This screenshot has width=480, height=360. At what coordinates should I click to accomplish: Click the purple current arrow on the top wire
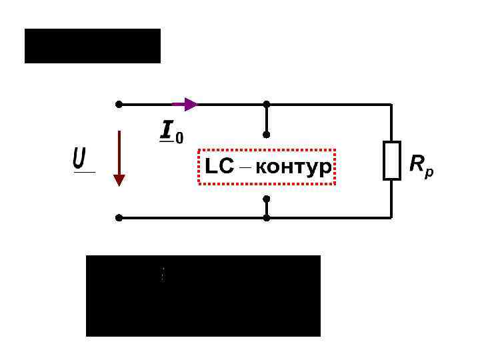tap(186, 104)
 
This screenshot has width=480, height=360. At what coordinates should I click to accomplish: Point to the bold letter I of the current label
tap(166, 129)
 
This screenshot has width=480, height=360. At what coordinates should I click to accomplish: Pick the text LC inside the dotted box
tap(220, 167)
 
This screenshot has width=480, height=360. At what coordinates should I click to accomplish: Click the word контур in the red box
tap(293, 167)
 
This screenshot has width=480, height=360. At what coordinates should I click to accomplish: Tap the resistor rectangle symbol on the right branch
tap(391, 161)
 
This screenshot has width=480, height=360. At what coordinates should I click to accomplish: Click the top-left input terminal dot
tap(119, 105)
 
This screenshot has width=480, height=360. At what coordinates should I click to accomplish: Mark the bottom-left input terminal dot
tap(119, 217)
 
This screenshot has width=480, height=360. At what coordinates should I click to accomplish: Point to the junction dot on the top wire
tap(267, 105)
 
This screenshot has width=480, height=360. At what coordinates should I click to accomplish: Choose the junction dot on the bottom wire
tap(267, 217)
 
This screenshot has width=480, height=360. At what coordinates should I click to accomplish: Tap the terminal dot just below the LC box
tap(267, 199)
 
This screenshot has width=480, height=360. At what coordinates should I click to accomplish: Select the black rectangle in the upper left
tap(93, 46)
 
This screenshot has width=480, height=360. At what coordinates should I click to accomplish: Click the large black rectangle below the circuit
tap(203, 295)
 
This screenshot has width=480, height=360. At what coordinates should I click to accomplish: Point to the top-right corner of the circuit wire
tap(391, 105)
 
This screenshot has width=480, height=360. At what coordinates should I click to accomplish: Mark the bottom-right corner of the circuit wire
tap(391, 217)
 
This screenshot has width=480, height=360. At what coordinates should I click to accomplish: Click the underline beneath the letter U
tap(84, 173)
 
